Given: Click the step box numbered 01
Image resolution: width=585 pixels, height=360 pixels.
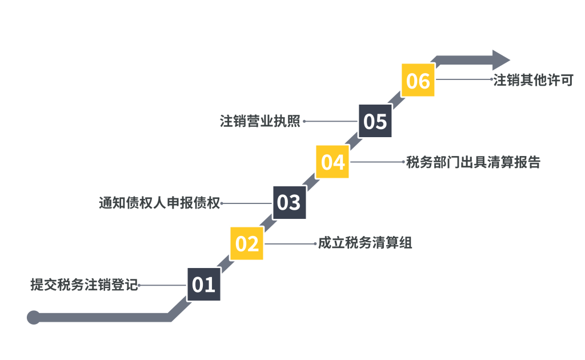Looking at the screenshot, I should click(204, 284).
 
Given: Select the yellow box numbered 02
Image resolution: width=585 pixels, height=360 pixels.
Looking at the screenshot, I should click(247, 243).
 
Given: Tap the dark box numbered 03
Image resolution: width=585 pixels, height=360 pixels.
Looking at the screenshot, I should click(289, 202).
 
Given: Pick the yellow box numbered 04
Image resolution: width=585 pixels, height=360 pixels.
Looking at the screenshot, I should click(332, 162).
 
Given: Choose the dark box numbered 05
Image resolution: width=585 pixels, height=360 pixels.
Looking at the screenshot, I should click(375, 121).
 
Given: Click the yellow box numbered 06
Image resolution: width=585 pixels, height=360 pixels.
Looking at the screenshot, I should click(418, 80).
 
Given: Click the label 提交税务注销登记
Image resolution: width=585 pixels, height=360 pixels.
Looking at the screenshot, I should click(85, 285).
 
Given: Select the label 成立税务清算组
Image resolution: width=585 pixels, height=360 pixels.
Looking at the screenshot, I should click(365, 243).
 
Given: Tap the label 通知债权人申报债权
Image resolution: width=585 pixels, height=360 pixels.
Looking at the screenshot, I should click(159, 203).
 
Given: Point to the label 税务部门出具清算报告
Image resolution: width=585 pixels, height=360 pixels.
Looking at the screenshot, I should click(473, 162).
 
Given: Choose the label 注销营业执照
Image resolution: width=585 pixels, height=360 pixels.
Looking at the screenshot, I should click(261, 121).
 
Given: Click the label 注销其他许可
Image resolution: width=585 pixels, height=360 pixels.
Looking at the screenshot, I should click(533, 80).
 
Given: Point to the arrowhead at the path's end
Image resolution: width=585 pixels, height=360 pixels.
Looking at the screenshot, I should click(501, 60).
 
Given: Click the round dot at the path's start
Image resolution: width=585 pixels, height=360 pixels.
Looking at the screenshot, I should click(34, 317).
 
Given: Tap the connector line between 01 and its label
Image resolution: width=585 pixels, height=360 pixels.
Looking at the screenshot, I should click(162, 285).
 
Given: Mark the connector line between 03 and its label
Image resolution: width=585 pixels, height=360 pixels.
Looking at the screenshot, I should click(246, 203).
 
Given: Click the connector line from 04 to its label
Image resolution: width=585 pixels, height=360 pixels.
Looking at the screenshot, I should click(377, 162).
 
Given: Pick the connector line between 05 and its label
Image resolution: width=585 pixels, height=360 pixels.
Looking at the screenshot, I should click(331, 121).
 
